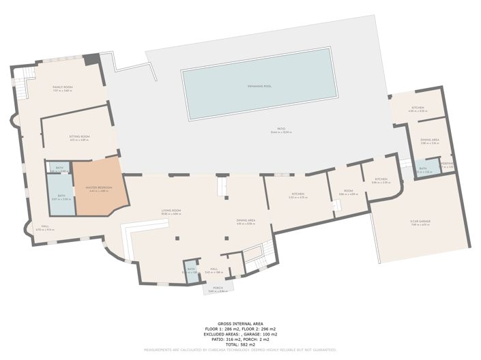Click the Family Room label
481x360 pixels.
click(63, 88)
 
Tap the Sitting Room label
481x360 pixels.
click(79, 137)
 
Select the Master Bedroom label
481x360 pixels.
click(99, 187)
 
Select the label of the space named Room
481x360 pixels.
click(348, 192)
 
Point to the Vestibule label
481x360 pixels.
click(448, 164)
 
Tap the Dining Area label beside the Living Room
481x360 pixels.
click(246, 221)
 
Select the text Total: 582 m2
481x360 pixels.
click(240, 344)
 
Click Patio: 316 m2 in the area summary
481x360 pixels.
click(222, 340)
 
